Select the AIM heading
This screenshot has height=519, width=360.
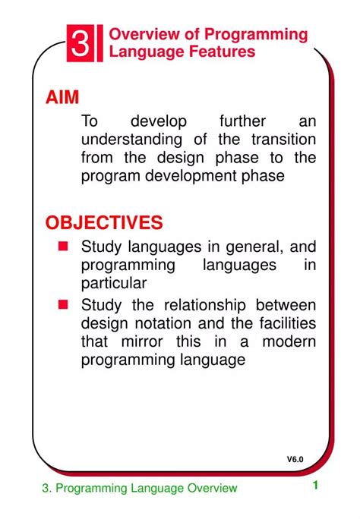62,97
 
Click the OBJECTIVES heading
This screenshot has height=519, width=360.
104,222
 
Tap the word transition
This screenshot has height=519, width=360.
278,140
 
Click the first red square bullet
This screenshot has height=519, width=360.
64,247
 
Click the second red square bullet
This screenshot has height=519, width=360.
64,305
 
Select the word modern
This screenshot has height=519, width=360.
289,341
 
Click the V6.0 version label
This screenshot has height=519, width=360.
295,459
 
